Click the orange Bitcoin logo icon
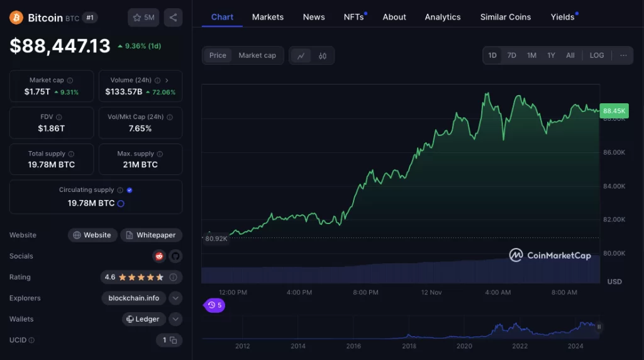coord(16,18)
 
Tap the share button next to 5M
coord(173,18)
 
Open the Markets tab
coord(268,17)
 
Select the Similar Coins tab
coord(506,17)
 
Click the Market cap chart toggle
coord(257,55)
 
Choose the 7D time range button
coord(511,55)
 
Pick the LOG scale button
coord(597,55)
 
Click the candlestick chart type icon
coord(323,56)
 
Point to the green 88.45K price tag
coord(614,111)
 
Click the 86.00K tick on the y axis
coord(614,152)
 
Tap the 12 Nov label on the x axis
coord(431,293)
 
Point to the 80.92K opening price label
coord(216,239)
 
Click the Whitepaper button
coord(151,235)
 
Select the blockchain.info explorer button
coord(133,298)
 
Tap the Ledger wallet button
coord(143,319)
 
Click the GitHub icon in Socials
coord(175,256)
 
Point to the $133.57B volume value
coord(124,92)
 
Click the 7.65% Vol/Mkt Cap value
coord(140,128)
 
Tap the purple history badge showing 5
coord(214,305)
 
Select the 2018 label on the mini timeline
coord(409,346)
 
